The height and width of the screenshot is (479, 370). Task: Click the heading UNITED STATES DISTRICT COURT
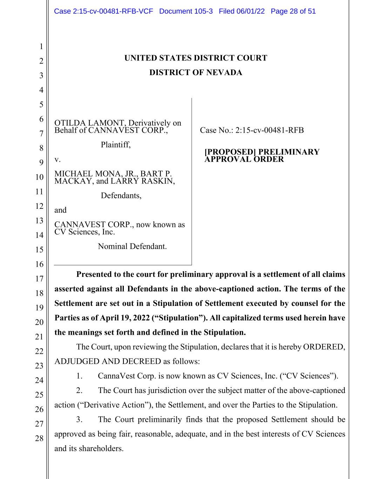(x=196, y=58)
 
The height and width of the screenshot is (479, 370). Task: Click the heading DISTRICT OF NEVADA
(x=196, y=73)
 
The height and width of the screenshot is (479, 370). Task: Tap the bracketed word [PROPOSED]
(x=230, y=152)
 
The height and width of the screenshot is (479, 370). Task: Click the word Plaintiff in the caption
(x=115, y=145)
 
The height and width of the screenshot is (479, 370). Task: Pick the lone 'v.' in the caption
(x=58, y=159)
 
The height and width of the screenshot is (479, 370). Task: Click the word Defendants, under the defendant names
(x=121, y=195)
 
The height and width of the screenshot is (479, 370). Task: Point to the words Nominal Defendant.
(x=132, y=246)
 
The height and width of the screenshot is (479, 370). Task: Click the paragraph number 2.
(x=79, y=391)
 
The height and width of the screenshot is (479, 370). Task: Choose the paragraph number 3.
(x=79, y=420)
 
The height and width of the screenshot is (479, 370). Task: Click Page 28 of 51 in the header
(x=293, y=11)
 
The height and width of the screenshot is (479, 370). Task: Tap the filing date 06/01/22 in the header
(x=250, y=11)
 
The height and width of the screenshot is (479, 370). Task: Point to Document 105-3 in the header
(x=186, y=11)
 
